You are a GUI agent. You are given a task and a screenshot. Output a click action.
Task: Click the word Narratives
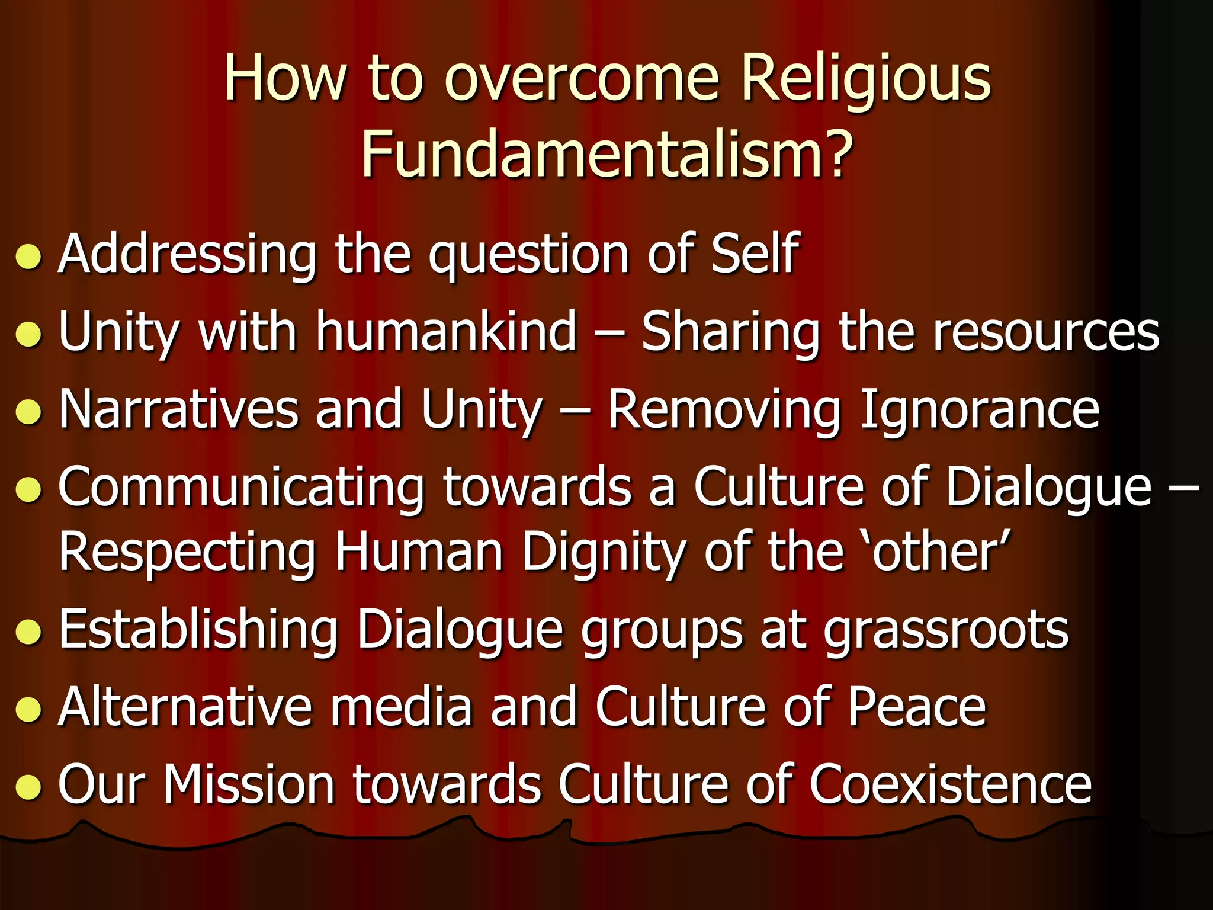[x=178, y=409]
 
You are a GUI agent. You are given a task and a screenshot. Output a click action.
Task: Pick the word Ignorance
[x=978, y=411]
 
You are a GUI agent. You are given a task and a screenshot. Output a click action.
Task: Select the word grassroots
[x=946, y=631]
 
